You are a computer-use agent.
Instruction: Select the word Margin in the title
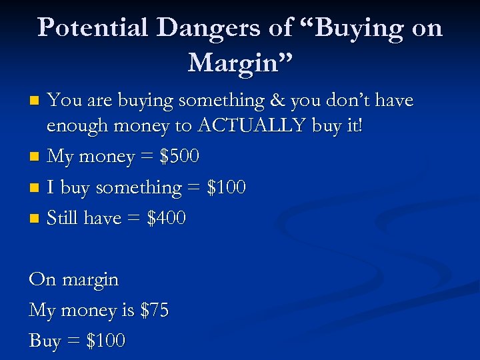236,63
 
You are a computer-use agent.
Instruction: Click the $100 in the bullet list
225,187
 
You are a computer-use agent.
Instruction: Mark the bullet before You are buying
37,101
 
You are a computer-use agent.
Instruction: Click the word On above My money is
42,279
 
